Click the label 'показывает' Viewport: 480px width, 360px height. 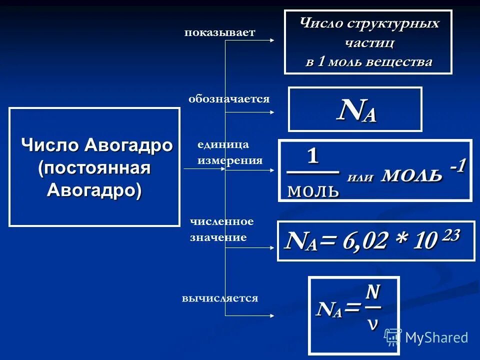point(219,33)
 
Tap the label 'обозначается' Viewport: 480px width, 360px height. point(229,99)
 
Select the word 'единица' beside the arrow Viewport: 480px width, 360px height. point(223,144)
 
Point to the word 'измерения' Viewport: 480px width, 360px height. point(230,160)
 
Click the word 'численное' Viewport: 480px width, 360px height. point(221,221)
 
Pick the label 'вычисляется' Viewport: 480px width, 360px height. point(220,298)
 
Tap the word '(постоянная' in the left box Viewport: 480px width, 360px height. point(94,168)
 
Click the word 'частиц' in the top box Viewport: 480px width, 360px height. point(369,43)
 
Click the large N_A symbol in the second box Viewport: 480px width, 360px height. point(356,110)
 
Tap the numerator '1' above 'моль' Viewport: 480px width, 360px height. point(312,156)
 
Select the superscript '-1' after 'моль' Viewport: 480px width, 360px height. point(458,166)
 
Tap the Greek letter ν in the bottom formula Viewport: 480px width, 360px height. point(372,323)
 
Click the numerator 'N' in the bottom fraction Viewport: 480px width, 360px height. point(372,291)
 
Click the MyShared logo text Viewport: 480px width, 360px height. point(436,337)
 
